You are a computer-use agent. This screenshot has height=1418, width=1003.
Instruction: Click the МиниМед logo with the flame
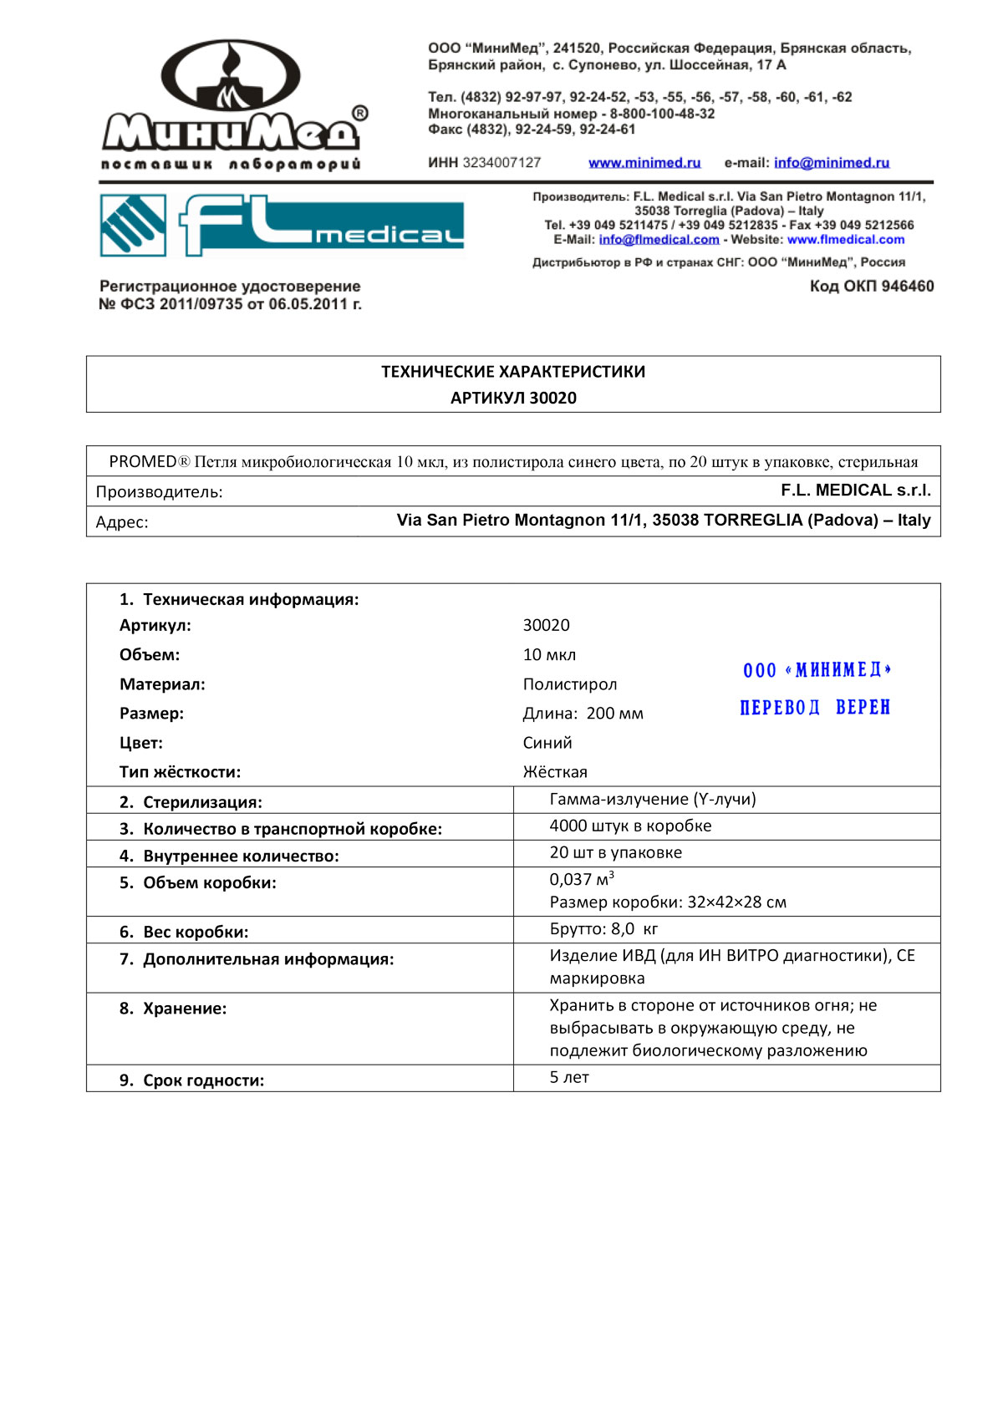click(232, 104)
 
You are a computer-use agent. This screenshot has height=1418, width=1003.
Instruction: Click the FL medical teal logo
click(282, 225)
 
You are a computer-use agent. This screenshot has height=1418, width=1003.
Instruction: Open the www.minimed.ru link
click(644, 163)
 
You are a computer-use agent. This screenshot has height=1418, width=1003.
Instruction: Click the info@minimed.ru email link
click(831, 163)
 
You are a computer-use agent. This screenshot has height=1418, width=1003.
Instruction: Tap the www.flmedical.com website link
click(845, 240)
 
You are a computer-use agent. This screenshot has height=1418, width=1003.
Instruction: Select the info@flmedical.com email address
click(659, 240)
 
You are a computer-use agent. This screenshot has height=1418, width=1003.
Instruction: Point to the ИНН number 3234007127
click(501, 163)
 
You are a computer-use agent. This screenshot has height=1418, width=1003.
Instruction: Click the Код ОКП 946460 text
click(871, 287)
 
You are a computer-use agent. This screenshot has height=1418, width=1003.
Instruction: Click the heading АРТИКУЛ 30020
click(513, 398)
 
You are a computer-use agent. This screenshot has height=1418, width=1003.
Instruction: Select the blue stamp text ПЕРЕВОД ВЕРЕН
click(815, 708)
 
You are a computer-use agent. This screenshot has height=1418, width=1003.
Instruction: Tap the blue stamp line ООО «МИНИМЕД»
click(817, 670)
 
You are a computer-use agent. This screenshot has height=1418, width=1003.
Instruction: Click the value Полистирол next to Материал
click(570, 684)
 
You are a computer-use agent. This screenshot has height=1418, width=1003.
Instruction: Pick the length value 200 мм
click(614, 714)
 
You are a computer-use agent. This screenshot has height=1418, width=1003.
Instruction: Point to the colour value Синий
click(547, 743)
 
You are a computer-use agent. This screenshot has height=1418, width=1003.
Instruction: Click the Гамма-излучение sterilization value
click(652, 800)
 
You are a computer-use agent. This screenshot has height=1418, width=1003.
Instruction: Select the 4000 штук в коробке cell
click(630, 826)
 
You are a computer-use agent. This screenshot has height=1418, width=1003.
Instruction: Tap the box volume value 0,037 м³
click(582, 879)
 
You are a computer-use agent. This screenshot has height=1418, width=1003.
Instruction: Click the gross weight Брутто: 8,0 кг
click(603, 929)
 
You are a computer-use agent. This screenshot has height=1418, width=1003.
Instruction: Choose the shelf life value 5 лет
click(569, 1078)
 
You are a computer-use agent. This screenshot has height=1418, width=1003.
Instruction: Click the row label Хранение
click(184, 1009)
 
